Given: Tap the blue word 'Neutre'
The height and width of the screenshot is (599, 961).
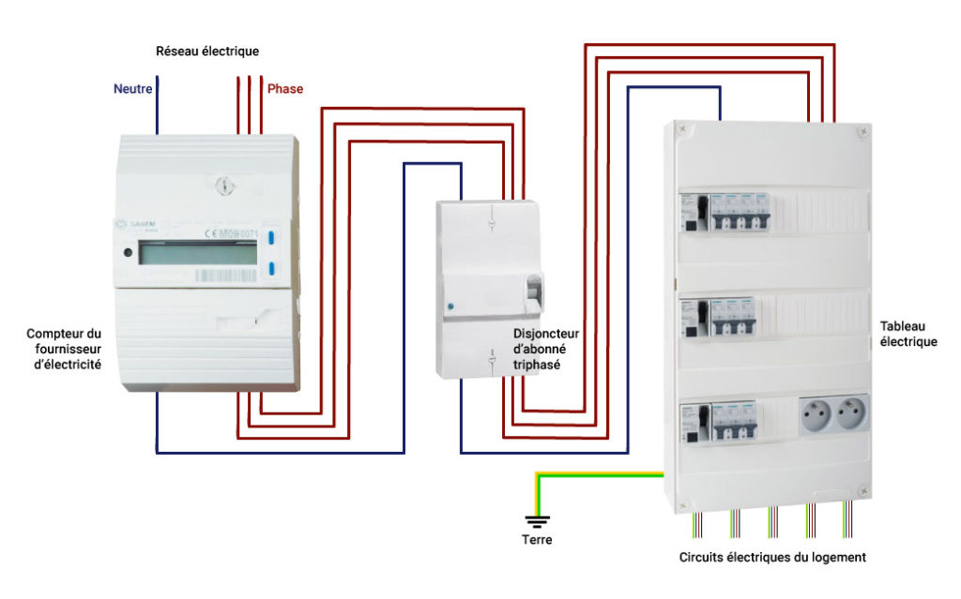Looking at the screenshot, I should click(x=133, y=89).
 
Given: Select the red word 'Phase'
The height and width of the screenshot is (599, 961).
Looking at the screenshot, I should click(x=285, y=89).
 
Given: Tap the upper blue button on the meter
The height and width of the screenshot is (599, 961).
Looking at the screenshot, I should click(x=271, y=238).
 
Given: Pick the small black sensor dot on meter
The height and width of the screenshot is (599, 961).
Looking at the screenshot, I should click(x=127, y=252).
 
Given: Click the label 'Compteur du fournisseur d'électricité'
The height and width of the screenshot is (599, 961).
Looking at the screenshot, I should click(x=64, y=348).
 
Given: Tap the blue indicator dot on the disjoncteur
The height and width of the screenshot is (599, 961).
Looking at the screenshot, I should click(x=450, y=307).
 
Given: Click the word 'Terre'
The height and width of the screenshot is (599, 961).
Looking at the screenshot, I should click(x=537, y=540).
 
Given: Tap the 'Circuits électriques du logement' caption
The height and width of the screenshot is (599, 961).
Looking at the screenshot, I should click(x=772, y=557).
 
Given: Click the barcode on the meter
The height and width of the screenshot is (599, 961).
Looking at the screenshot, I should click(x=225, y=276).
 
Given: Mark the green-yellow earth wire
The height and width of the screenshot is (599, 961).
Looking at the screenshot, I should click(x=601, y=475).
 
